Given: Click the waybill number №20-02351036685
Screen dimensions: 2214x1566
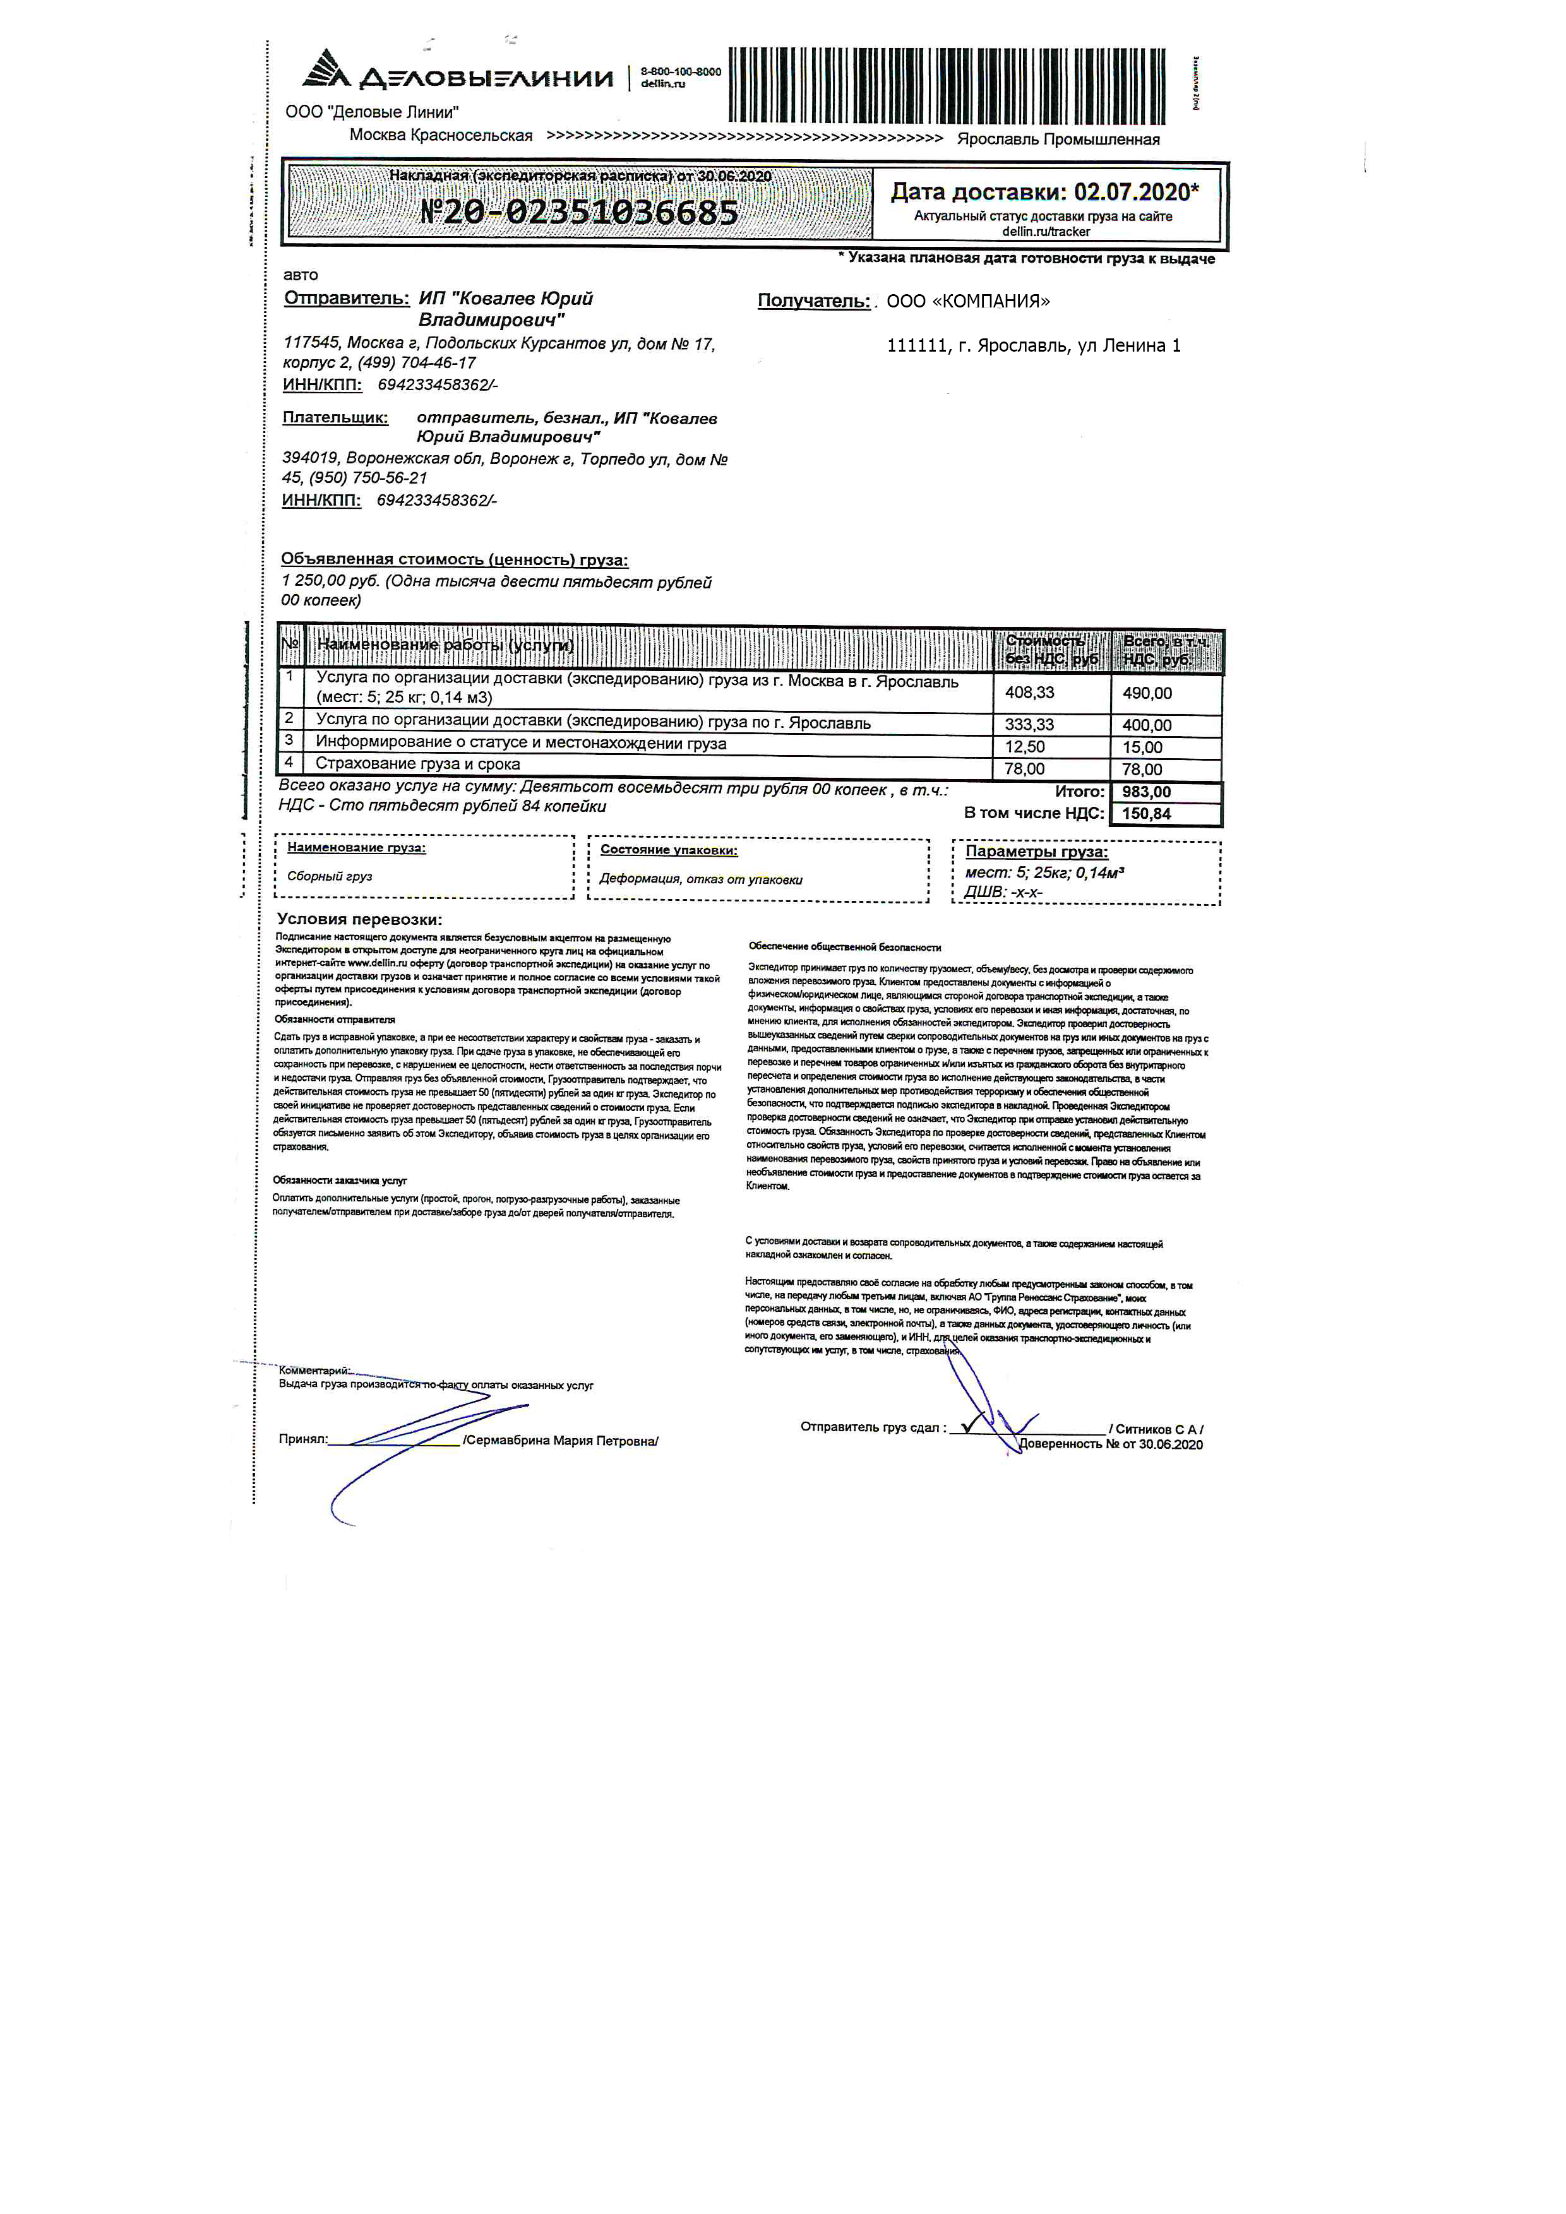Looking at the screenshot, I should (578, 211).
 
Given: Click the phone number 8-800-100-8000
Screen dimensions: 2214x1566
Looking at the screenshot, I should (680, 71).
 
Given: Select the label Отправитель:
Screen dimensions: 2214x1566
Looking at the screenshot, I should (346, 299).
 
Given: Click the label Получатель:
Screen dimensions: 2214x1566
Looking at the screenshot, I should (813, 302).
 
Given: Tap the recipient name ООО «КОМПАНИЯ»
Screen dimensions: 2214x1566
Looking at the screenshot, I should (967, 302).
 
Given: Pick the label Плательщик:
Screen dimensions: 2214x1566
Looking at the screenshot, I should (335, 419).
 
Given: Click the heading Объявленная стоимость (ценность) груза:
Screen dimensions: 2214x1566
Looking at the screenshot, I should (454, 560).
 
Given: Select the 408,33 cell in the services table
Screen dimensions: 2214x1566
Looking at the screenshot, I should (1029, 693).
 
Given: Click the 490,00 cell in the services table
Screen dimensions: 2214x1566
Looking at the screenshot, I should (1147, 693).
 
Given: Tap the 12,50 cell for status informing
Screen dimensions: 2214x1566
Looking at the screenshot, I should (1024, 747).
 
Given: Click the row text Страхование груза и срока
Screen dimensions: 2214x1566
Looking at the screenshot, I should (417, 765).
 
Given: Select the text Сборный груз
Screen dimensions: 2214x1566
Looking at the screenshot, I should (330, 876).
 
